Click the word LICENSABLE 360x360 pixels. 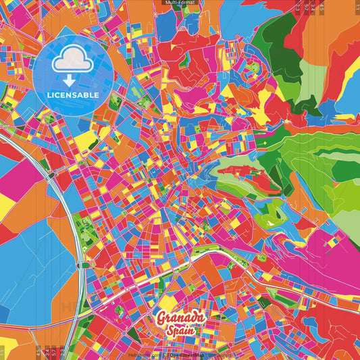pyautogui.click(x=73, y=95)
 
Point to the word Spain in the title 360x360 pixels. pyautogui.click(x=180, y=331)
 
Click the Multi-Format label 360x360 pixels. pyautogui.click(x=180, y=3)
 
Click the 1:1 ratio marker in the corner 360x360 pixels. pyautogui.click(x=356, y=7)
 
